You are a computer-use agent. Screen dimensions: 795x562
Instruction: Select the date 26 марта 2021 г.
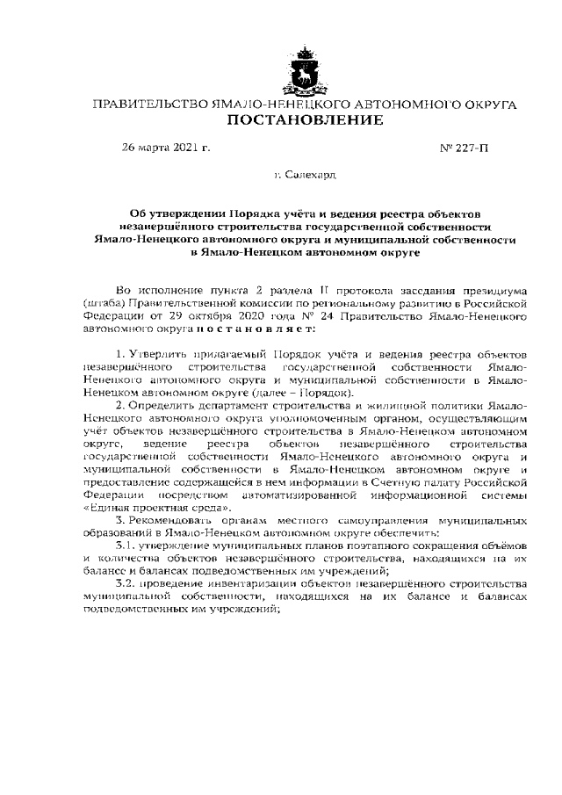tap(166, 147)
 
